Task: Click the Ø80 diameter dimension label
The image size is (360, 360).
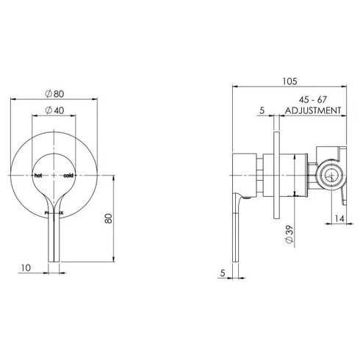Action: pos(56,94)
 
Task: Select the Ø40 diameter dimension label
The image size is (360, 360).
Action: pos(56,110)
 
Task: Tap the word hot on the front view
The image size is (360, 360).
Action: pos(40,175)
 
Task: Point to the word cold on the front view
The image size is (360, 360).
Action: pos(68,175)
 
